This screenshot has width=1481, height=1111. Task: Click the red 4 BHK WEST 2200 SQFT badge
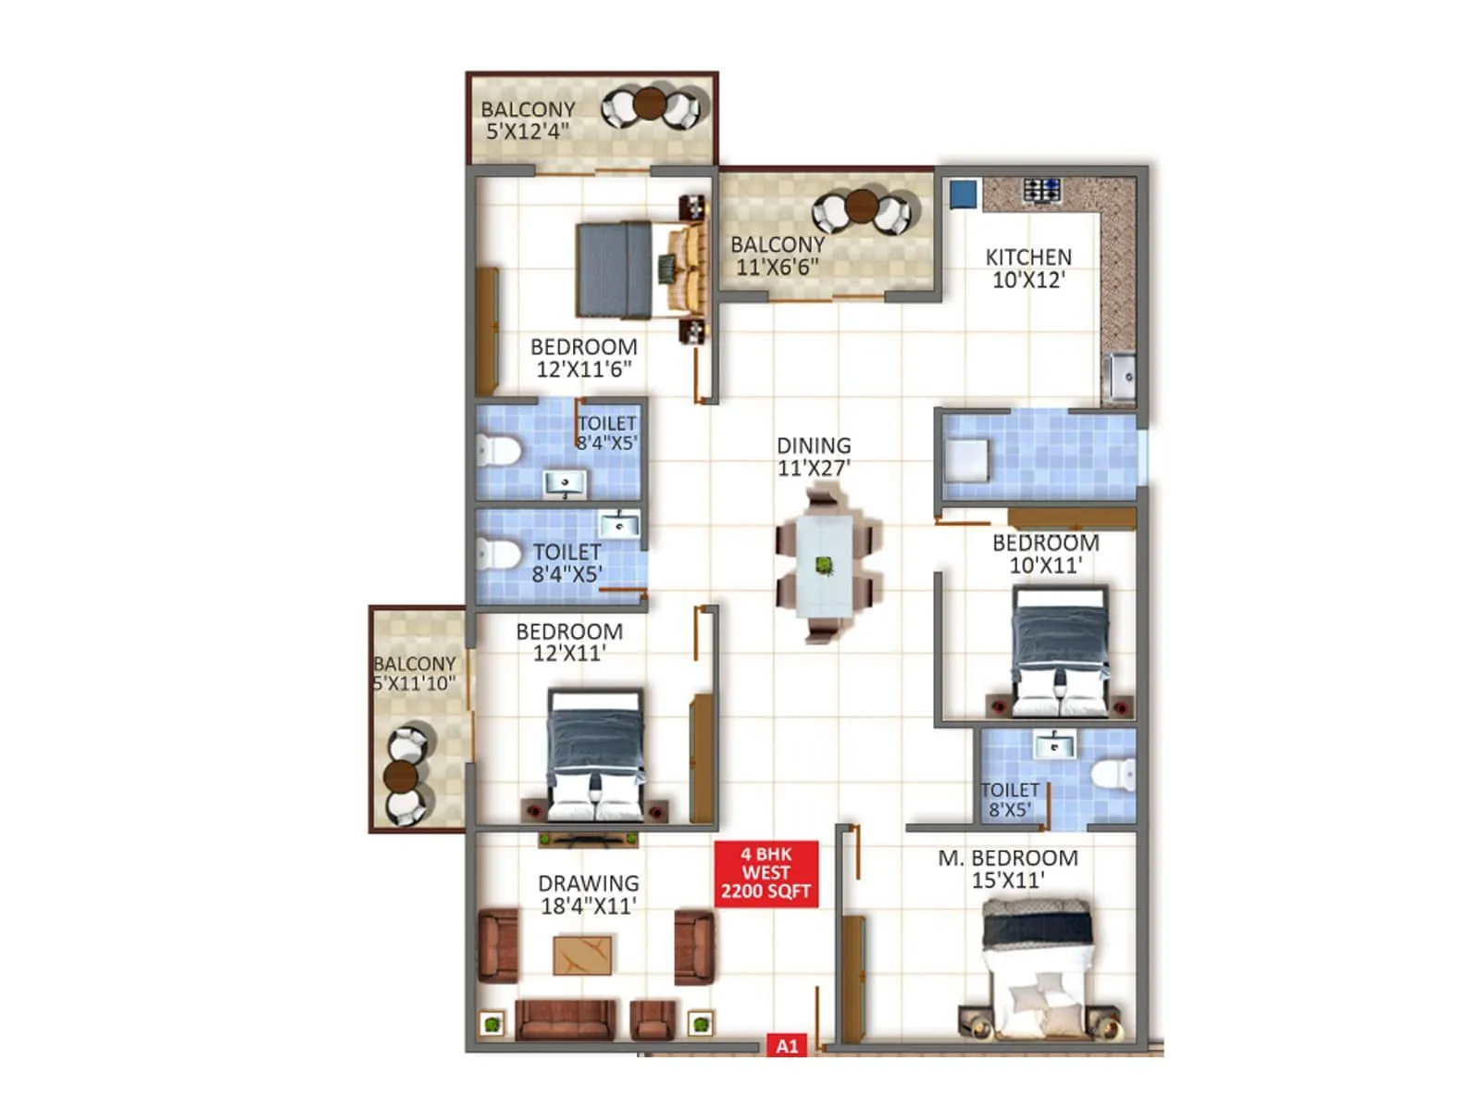coord(766,873)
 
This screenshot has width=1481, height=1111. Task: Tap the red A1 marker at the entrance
coord(787,1046)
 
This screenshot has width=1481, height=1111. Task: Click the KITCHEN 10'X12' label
coord(1028,268)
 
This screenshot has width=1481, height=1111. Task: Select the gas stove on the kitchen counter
coord(1042,191)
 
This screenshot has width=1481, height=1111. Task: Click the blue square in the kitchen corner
coord(964,193)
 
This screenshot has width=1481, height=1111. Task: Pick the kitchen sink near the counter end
coord(1120,377)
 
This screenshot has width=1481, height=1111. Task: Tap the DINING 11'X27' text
coord(814,457)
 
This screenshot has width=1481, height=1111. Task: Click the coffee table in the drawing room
coord(582,955)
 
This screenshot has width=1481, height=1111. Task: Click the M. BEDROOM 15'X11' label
coord(1008,869)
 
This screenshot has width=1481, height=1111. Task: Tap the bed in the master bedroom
coord(1037,963)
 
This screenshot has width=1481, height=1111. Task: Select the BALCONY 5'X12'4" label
coord(528,120)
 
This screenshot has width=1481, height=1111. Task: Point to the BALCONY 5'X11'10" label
coord(414,674)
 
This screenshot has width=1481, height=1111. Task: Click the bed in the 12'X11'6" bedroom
coord(629,269)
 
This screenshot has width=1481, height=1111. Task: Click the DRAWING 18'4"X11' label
coord(589,894)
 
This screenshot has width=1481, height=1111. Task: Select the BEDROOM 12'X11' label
coord(569,643)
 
